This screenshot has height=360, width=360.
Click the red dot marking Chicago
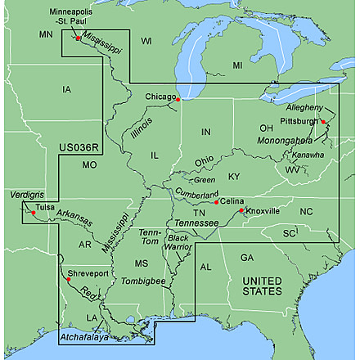[178, 100]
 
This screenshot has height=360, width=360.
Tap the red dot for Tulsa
[33, 213]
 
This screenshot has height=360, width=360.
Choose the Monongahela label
[289, 140]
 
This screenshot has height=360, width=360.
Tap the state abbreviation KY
[234, 176]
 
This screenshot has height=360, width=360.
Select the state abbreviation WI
[146, 40]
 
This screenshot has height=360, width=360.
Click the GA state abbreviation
[247, 258]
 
